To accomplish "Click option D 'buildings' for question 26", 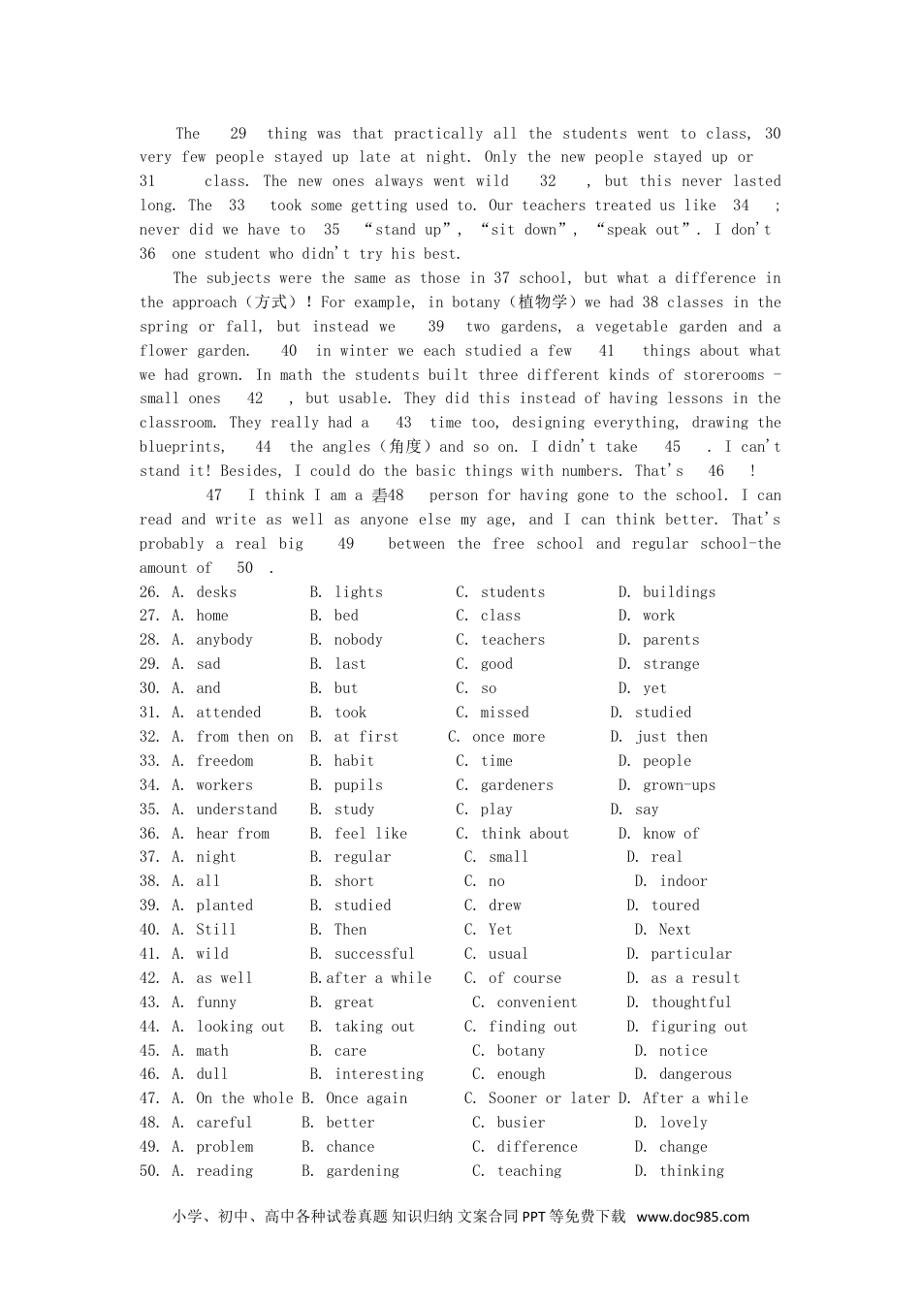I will coord(679,592).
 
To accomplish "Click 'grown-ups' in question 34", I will coord(679,785).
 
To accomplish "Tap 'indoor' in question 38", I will coord(683,881).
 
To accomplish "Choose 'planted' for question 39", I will coord(224,906).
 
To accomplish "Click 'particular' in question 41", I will coord(691,954).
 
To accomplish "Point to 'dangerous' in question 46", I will coord(695,1074).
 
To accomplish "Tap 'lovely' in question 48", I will coord(683,1123).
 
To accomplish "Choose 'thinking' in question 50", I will coord(691,1171).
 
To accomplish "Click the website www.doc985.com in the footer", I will coord(692,1217).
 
